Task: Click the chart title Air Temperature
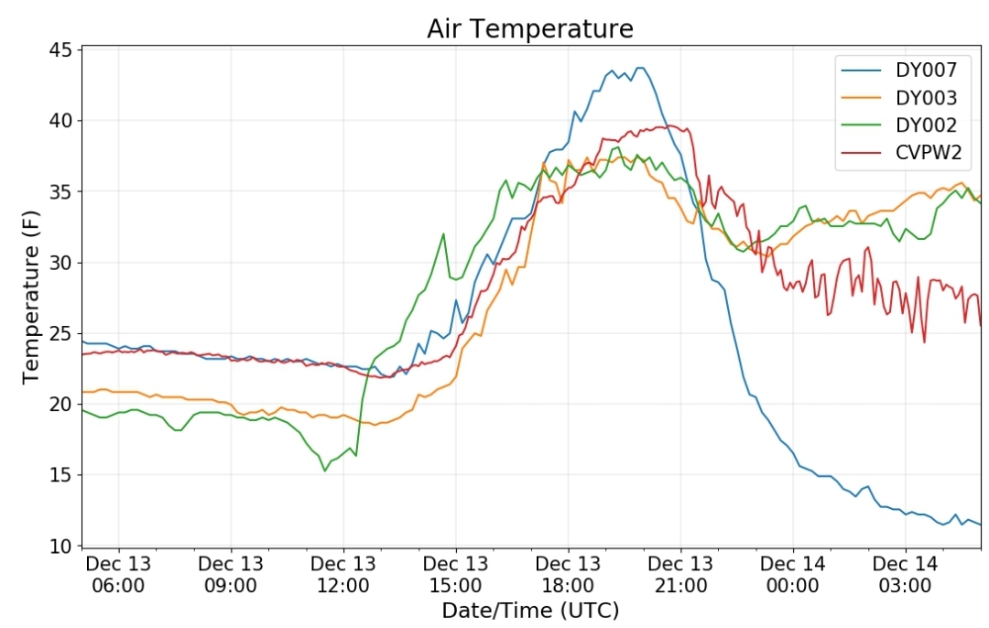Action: (529, 28)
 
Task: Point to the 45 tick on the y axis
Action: (60, 49)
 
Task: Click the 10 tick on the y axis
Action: (60, 547)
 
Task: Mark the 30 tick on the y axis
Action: (60, 263)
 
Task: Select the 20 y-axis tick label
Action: (60, 405)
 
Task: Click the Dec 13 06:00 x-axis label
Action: (118, 574)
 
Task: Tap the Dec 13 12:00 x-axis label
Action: (343, 574)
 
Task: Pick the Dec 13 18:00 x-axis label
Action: (568, 574)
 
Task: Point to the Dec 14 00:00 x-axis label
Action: (793, 574)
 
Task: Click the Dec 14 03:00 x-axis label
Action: (905, 574)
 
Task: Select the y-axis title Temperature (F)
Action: (31, 295)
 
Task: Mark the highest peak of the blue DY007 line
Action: (640, 68)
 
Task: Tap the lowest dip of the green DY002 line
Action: (324, 471)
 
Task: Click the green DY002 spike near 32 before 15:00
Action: (443, 233)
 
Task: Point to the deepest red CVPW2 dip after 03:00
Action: (924, 342)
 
